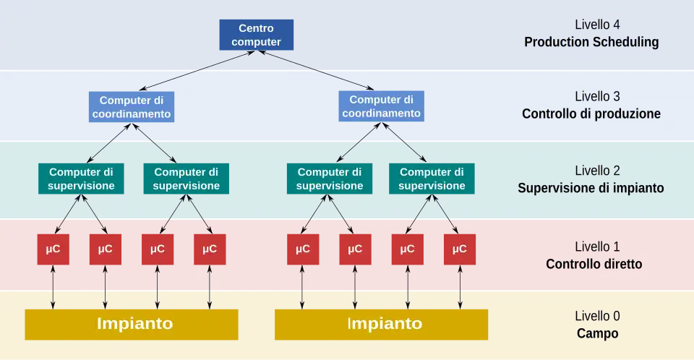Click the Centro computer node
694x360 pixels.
pos(260,35)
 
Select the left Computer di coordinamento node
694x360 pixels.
pos(132,107)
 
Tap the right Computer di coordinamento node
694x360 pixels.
pos(381,107)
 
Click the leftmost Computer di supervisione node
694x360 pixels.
pos(81,179)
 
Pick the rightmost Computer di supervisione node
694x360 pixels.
pos(432,179)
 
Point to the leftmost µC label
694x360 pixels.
pos(53,249)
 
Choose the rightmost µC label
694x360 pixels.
pos(460,249)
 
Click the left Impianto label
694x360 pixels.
pos(135,323)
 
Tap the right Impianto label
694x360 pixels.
pos(385,323)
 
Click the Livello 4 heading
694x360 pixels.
pos(597,24)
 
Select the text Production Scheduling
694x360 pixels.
pos(591,42)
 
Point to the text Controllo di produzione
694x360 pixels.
pos(591,113)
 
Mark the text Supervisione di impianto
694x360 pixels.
pos(591,188)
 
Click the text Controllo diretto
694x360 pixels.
pos(594,264)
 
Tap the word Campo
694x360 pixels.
pos(597,333)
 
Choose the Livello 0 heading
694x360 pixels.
pos(597,316)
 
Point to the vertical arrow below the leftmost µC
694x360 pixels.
pos(53,287)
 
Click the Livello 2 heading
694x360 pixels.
pos(597,171)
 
